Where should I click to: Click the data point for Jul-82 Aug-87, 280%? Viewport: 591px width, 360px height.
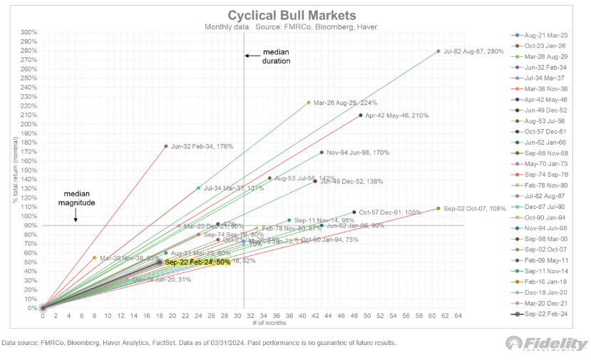(x=438, y=51)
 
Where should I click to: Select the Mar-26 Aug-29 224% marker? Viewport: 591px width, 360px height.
(x=309, y=103)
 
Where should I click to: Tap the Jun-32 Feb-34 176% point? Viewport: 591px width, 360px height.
(x=166, y=146)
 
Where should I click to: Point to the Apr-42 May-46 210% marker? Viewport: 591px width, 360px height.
(x=361, y=115)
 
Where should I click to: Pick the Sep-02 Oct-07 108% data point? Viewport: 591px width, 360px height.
(x=438, y=209)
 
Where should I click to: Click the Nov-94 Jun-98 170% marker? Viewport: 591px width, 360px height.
(x=322, y=153)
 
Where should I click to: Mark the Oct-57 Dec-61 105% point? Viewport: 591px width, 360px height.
(x=354, y=212)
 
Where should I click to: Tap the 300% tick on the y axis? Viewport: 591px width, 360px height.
(x=29, y=33)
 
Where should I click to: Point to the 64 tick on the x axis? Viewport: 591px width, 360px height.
(x=458, y=315)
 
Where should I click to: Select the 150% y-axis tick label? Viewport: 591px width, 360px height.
(x=29, y=170)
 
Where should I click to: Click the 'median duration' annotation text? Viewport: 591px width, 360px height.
(x=276, y=57)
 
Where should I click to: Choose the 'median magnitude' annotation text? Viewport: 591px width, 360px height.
(x=76, y=198)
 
